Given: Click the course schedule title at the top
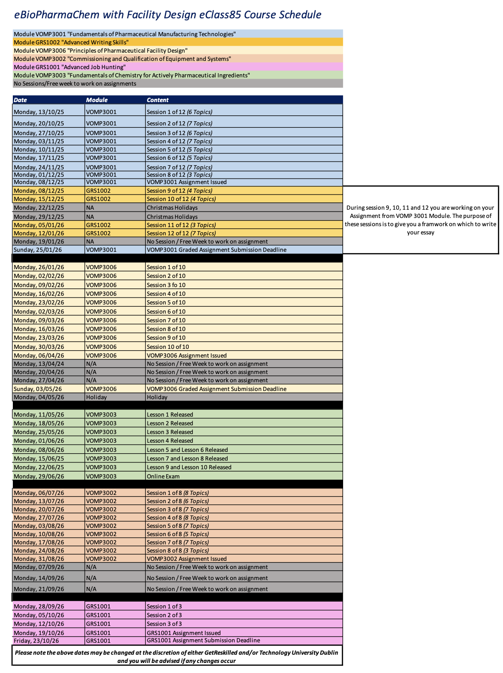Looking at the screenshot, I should pos(168,15).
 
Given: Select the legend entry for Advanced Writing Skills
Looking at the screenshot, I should pos(71,43).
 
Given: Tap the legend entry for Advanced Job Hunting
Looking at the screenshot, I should pos(70,67).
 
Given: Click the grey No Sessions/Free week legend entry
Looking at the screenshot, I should pos(75,84).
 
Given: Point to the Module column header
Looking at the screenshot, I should pos(97,100).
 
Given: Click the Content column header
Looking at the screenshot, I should pos(158,100).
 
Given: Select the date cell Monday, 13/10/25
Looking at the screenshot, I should pos(39,112).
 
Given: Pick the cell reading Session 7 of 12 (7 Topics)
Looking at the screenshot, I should pos(180,168).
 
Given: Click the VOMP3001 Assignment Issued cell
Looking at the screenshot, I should pos(186,182).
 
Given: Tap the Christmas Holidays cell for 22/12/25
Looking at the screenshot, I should pos(172,208).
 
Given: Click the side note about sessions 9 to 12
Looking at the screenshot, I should pos(420,220).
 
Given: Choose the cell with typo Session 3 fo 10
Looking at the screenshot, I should pos(166,285).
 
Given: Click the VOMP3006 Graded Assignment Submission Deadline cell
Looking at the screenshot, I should pos(216,389).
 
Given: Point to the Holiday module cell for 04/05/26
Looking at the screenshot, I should pos(96,397).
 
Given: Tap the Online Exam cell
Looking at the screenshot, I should pos(163,477).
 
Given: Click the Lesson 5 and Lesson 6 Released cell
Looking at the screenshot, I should pos(187,450).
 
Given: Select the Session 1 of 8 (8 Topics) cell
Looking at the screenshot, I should pos(178,493).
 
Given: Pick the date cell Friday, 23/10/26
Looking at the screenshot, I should pos(36,640).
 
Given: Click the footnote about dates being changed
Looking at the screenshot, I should pos(176,657).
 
